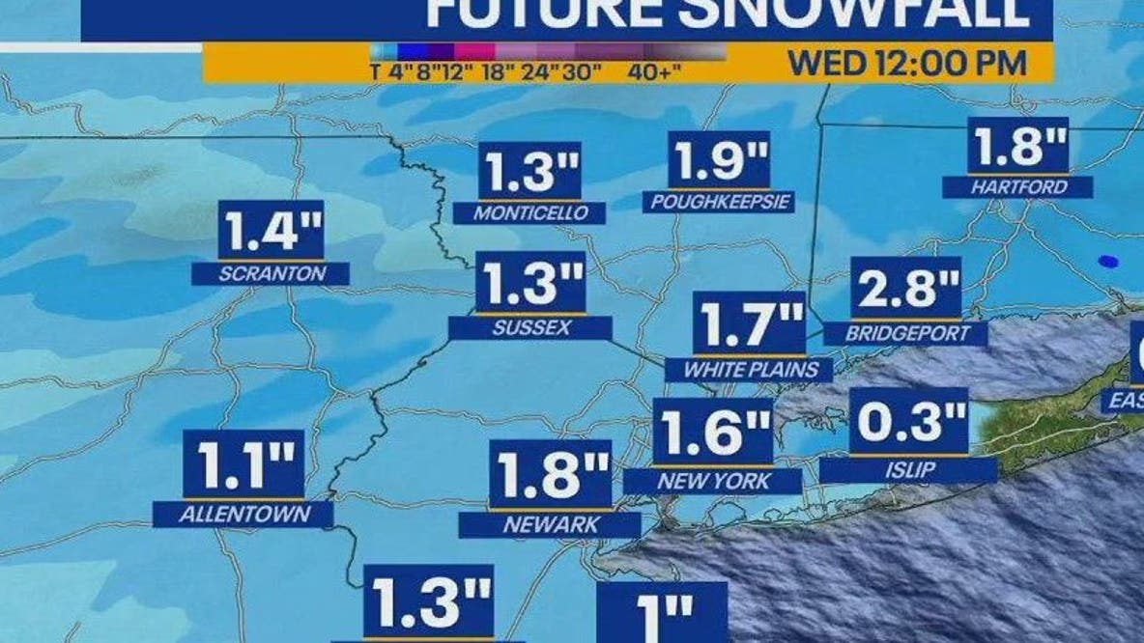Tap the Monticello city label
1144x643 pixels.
click(x=530, y=213)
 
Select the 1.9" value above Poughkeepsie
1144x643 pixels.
click(x=720, y=160)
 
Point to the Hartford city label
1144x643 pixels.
click(x=1018, y=187)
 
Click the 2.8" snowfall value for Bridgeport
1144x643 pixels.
click(x=905, y=289)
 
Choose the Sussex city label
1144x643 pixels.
click(x=530, y=328)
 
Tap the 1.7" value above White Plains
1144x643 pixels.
click(x=749, y=325)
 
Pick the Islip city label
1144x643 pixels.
click(x=907, y=470)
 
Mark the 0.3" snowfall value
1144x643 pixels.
click(x=909, y=422)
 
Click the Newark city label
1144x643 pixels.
click(x=550, y=525)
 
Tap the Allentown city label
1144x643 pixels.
click(x=243, y=515)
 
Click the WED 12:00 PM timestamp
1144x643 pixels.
click(x=907, y=64)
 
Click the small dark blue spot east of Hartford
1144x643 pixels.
click(x=1107, y=261)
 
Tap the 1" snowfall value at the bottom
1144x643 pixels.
click(x=662, y=612)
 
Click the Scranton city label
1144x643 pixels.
click(x=272, y=274)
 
